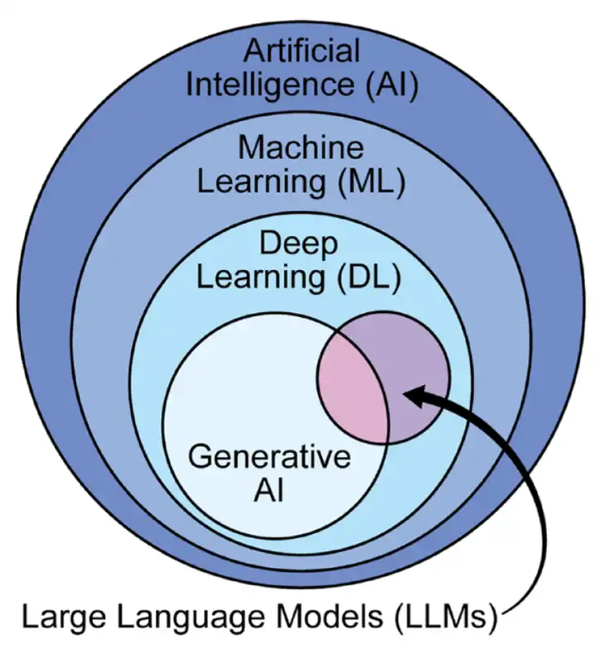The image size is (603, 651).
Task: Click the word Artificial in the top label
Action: pos(301,51)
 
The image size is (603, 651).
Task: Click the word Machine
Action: pos(301,149)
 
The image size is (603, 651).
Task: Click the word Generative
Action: pos(270,456)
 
